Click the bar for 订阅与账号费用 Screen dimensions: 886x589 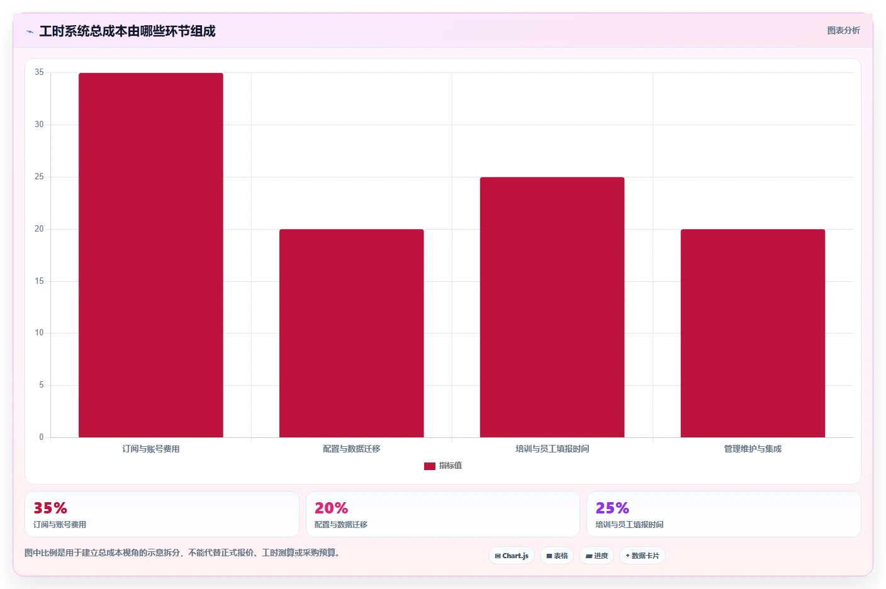tap(150, 255)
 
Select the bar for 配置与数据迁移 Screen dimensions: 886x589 tap(351, 333)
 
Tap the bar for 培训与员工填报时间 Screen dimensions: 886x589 tap(552, 307)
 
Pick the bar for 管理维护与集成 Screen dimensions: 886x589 tap(753, 333)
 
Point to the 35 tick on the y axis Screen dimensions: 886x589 tap(39, 72)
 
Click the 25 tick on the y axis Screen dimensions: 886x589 tap(39, 177)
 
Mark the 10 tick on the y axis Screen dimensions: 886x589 tap(39, 333)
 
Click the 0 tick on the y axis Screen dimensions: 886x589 tap(41, 437)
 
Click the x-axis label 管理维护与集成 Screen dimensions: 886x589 tap(753, 449)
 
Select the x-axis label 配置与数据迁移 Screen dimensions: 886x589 tap(351, 449)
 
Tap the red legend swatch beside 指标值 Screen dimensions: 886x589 tap(430, 466)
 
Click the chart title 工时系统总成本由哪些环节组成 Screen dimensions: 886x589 tap(127, 31)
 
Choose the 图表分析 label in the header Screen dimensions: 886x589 tap(843, 30)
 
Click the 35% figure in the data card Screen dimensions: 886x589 tap(50, 508)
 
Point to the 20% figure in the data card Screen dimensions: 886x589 tap(331, 508)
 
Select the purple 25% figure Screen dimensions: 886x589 tap(612, 508)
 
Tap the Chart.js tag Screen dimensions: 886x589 tap(512, 556)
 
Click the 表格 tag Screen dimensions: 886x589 tap(557, 556)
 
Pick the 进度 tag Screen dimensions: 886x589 tap(597, 556)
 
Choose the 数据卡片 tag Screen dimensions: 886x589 tap(642, 556)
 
